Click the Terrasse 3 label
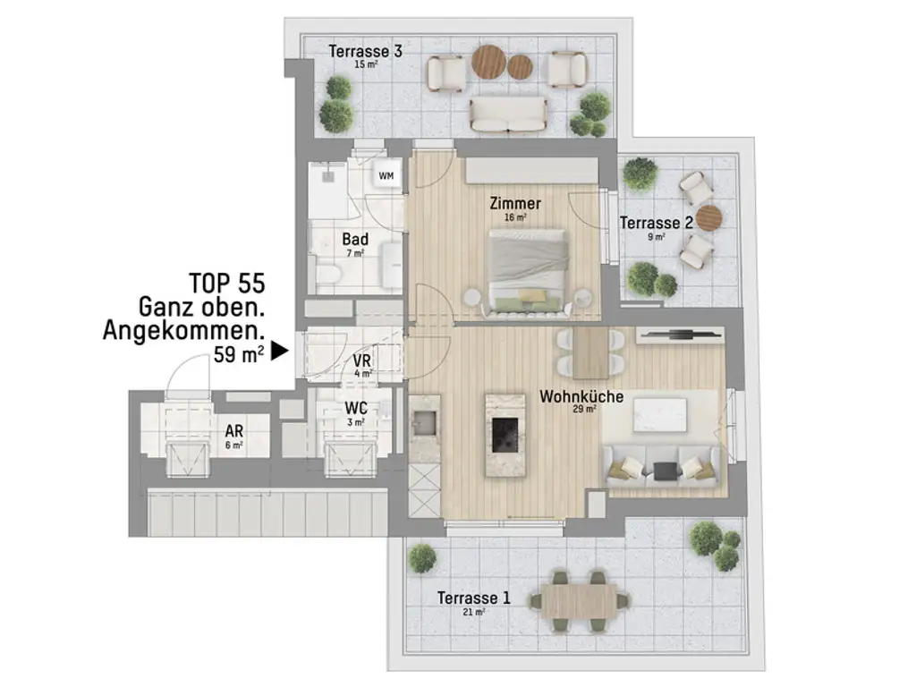(365, 52)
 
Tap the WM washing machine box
(386, 176)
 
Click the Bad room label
(355, 240)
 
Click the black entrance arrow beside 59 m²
(280, 352)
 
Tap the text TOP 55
(226, 284)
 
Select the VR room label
(361, 360)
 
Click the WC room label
(356, 409)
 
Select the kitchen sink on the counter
(423, 420)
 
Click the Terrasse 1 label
(474, 598)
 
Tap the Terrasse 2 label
(657, 223)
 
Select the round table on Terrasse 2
(708, 217)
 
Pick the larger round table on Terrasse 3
(489, 61)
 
